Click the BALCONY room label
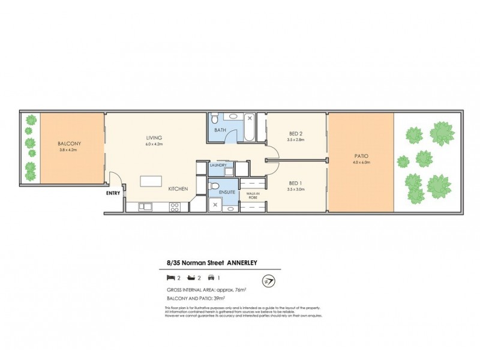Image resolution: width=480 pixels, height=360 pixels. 70,143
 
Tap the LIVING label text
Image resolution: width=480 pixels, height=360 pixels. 154,137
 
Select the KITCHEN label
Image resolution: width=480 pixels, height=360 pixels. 178,189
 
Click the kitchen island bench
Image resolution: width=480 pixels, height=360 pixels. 150,181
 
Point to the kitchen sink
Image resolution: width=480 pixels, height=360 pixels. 145,207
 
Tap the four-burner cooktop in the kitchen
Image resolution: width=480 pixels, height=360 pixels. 175,207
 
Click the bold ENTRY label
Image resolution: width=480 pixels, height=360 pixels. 113,193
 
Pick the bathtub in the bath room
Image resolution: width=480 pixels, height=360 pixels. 247,128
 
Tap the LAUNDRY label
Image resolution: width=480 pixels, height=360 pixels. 217,166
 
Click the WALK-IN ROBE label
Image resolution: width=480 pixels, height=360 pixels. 253,195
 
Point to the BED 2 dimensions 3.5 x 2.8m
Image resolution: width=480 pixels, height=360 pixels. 296,140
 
